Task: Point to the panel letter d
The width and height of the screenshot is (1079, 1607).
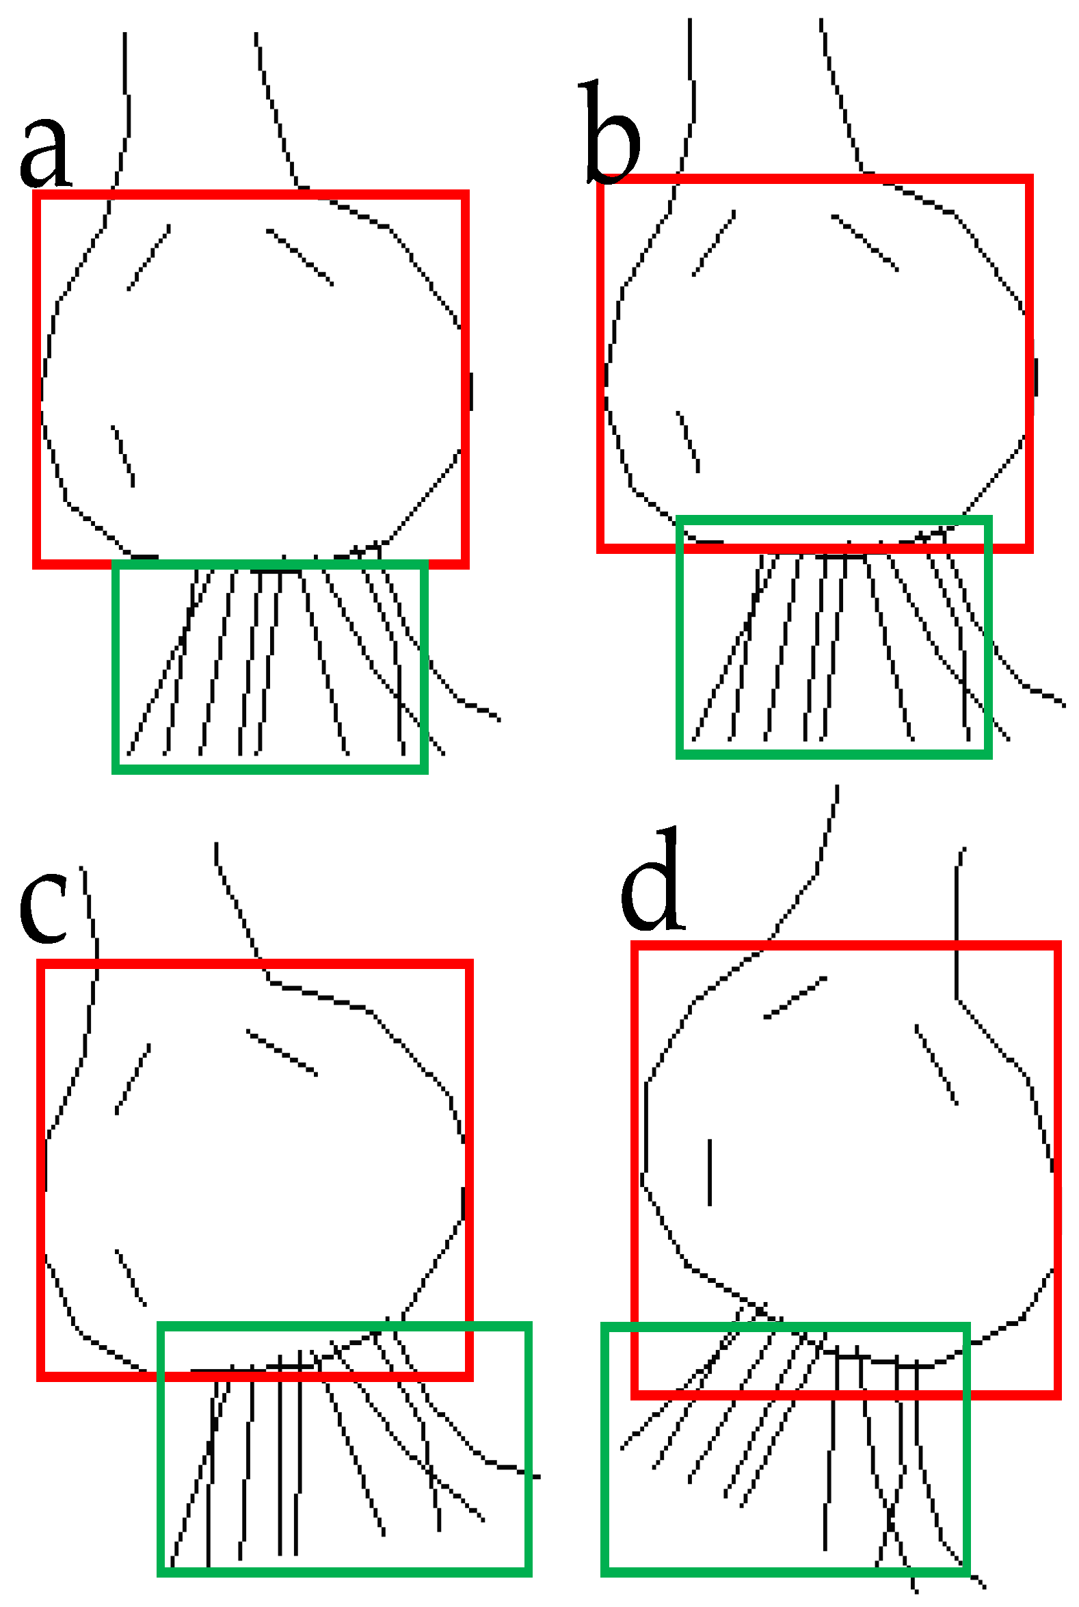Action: click(652, 880)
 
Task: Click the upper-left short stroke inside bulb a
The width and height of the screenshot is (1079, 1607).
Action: click(148, 257)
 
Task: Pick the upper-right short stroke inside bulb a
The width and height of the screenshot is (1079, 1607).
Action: click(300, 257)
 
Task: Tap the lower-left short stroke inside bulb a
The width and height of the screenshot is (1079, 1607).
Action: click(123, 456)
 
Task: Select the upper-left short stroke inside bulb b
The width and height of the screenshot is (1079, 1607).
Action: click(714, 243)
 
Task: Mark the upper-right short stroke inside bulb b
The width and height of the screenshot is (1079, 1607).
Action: click(864, 243)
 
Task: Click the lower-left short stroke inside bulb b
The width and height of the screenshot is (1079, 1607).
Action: click(688, 442)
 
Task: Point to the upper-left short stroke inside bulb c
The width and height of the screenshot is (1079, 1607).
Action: click(133, 1078)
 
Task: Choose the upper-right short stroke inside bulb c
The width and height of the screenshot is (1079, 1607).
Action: click(282, 1052)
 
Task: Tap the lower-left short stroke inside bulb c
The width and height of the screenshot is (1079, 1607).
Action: click(131, 1277)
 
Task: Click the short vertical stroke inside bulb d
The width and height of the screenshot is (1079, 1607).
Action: click(710, 1172)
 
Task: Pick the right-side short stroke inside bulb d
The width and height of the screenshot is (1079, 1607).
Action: click(937, 1065)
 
